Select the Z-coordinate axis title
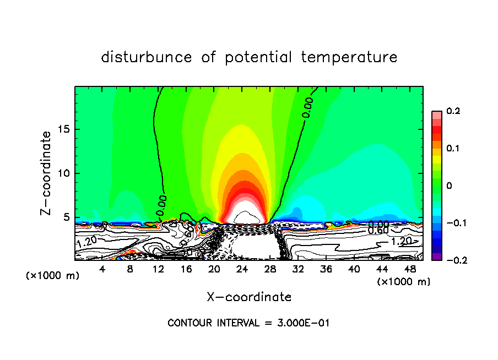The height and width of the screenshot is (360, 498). click(x=47, y=173)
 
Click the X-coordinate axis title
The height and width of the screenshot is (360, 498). click(x=249, y=297)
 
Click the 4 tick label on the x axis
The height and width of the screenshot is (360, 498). click(x=102, y=269)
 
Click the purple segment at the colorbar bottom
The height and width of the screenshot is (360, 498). click(x=436, y=256)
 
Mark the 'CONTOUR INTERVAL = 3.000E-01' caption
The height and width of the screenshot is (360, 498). click(x=248, y=323)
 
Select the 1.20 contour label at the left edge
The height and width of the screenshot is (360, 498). click(x=86, y=242)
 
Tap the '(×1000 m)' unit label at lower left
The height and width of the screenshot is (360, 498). click(x=53, y=276)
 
